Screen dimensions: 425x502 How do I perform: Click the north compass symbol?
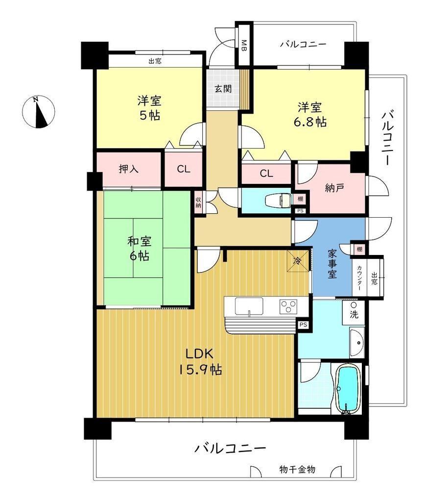point(38,112)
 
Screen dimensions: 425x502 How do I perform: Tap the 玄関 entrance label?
point(223,89)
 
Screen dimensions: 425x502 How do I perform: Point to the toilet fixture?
point(278,201)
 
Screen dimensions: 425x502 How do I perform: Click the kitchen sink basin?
point(249,306)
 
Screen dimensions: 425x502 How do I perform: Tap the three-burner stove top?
point(288,306)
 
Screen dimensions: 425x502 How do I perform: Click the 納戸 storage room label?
point(334,188)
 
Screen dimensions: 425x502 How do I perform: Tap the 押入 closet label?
point(129,169)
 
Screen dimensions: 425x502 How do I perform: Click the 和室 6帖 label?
point(140,249)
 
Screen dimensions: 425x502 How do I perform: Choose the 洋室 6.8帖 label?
point(309,115)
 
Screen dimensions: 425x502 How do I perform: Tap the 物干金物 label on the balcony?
point(297,470)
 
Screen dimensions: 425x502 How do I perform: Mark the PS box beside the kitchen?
point(303,325)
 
